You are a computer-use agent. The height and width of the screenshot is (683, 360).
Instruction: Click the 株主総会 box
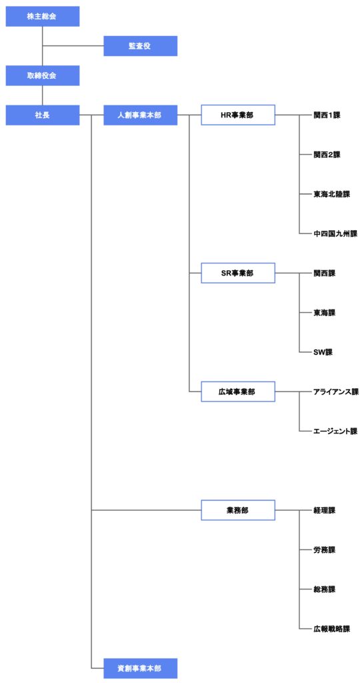click(42, 16)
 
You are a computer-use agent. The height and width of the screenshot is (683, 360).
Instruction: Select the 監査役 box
click(140, 46)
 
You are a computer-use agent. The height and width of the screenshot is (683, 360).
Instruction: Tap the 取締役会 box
click(42, 75)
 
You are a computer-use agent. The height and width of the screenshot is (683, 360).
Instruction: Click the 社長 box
click(42, 115)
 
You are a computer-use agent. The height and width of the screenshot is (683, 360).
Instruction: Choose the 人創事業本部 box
click(140, 115)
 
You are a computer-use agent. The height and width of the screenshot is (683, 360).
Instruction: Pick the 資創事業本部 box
click(140, 668)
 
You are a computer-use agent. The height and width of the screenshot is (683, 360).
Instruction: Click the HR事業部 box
click(238, 115)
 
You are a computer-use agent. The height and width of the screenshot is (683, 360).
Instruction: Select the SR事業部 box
click(238, 273)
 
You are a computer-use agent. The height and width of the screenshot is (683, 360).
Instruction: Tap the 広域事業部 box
click(238, 392)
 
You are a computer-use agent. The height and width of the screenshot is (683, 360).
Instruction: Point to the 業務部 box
click(238, 510)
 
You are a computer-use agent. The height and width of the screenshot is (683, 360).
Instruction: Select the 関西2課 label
click(327, 155)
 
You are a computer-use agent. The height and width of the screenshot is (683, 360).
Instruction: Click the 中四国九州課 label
click(335, 234)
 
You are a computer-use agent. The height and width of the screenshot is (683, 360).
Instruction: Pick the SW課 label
click(323, 352)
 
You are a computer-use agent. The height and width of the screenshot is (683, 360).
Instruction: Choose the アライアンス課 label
click(335, 392)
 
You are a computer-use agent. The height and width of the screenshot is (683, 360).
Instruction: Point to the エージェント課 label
click(335, 432)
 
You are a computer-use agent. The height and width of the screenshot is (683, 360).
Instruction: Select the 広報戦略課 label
click(332, 628)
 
